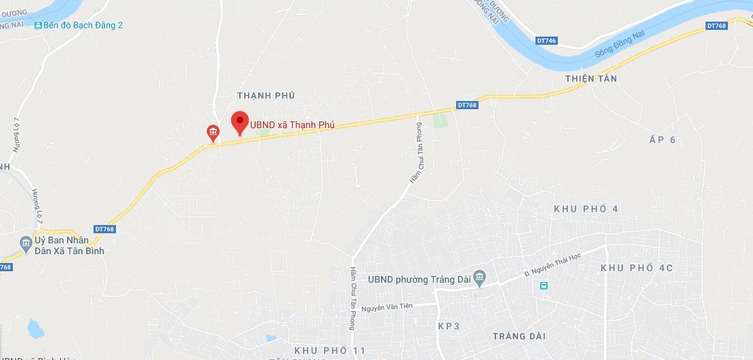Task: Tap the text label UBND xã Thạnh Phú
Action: [292, 125]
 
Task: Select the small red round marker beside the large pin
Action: [213, 132]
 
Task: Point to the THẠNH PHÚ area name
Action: [266, 96]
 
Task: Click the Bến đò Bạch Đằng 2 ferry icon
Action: [38, 25]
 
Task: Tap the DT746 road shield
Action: [546, 41]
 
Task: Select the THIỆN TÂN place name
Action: [591, 79]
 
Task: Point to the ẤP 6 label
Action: [663, 140]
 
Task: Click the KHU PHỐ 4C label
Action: [636, 268]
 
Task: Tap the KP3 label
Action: [449, 326]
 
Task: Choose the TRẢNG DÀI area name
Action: [519, 336]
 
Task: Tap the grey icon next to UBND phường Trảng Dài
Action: [480, 277]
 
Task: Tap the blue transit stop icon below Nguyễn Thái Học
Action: [544, 285]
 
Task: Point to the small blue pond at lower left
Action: [35, 329]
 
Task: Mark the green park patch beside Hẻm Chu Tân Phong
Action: [441, 121]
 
